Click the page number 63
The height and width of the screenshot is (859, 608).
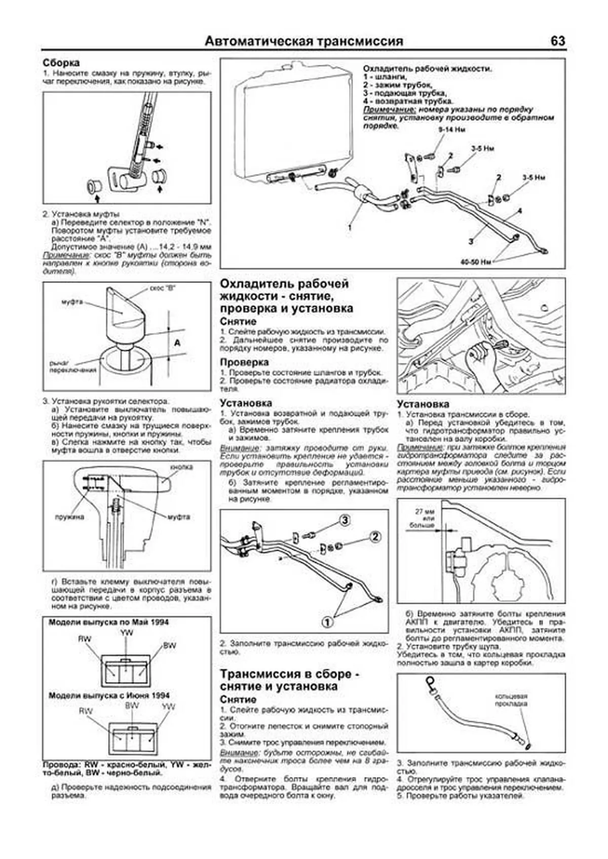pos(557,42)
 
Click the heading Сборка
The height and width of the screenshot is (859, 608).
pos(61,63)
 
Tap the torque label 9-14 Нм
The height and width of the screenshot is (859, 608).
pos(451,130)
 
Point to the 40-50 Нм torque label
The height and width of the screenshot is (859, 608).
pos(476,262)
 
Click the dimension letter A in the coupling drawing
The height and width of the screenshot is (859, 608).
pos(177,343)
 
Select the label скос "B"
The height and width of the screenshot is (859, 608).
pos(162,289)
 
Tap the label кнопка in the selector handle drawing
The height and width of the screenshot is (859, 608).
pos(181,467)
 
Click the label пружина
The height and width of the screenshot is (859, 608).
pos(69,517)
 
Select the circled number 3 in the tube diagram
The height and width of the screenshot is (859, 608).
pos(345,520)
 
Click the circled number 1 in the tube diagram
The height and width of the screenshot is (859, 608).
pos(328,621)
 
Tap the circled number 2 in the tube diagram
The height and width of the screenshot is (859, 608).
pos(375,537)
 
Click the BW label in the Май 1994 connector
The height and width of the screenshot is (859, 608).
pos(169,646)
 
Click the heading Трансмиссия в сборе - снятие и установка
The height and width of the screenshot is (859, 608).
pos(290,680)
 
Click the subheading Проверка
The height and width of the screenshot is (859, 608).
pos(244,362)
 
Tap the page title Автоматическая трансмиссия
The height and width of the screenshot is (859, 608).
pos(304,42)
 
